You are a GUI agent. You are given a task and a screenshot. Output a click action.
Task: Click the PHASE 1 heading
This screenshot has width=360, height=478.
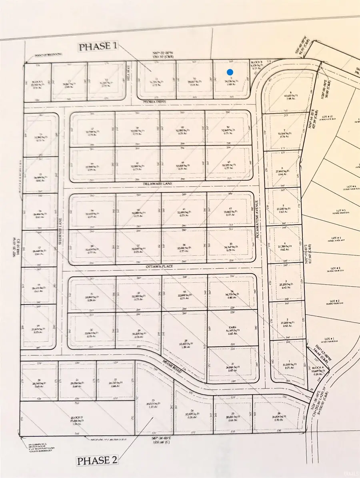(x=98, y=47)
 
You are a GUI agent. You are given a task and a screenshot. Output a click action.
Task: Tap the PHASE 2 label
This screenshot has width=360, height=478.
(x=98, y=460)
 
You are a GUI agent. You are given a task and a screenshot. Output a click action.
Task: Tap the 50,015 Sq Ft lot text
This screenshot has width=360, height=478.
(x=153, y=404)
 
